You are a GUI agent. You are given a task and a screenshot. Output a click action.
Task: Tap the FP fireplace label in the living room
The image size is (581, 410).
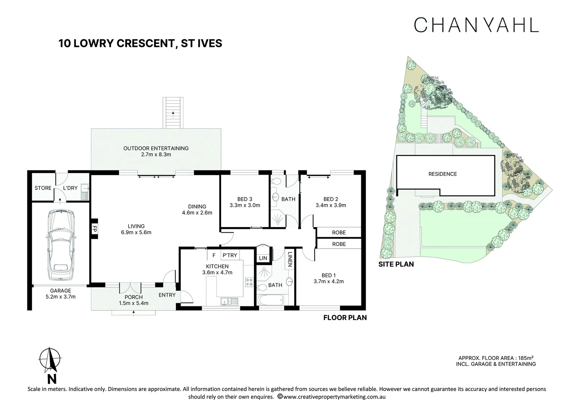(x=95, y=229)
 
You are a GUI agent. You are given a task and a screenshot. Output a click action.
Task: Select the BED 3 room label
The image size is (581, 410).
(x=245, y=199)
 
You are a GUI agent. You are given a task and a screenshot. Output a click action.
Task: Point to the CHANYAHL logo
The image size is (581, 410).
(x=476, y=25)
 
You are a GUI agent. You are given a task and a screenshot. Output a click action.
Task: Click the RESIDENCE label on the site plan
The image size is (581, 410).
(x=442, y=174)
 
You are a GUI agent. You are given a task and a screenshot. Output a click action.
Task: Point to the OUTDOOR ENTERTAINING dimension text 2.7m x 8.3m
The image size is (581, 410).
(x=156, y=155)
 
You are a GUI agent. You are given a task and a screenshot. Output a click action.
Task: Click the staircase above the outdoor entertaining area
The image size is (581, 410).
(x=173, y=113)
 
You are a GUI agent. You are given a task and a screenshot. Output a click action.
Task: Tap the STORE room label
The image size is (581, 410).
(x=43, y=188)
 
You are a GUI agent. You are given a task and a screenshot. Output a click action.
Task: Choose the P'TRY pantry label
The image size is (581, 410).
(x=230, y=255)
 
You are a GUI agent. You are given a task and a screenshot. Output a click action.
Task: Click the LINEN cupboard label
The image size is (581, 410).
(x=290, y=259)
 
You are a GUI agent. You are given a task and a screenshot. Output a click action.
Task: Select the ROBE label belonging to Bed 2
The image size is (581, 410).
(x=339, y=232)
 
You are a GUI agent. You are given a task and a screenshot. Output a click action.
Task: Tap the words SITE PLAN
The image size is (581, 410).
(x=396, y=264)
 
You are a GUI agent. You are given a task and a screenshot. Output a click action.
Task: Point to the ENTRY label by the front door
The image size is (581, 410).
(x=167, y=295)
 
